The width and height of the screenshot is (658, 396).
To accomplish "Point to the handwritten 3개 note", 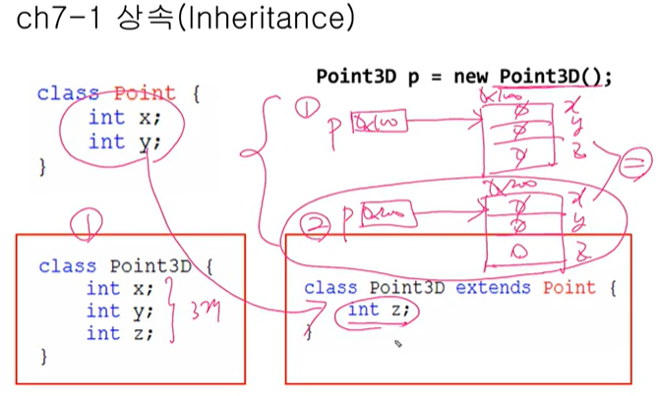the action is (203, 312).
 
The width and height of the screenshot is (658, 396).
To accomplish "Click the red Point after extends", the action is (563, 288).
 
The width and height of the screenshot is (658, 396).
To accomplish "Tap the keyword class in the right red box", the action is (329, 288).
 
